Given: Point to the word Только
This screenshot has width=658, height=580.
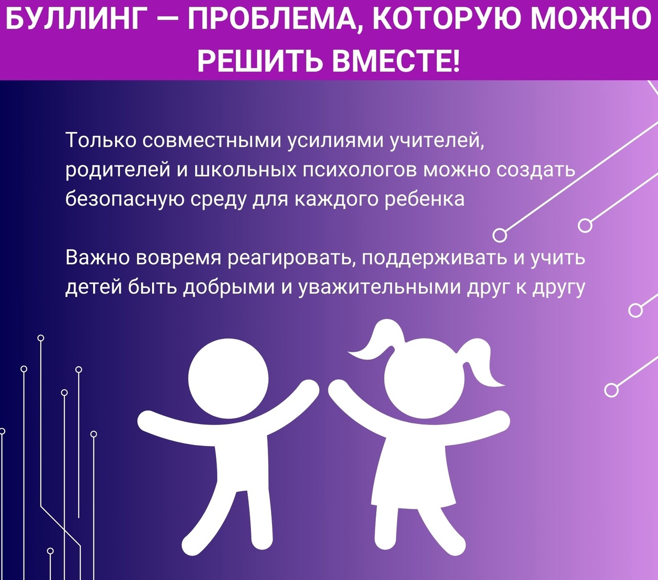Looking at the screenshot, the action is (x=101, y=140).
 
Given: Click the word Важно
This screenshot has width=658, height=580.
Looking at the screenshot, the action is (x=98, y=257).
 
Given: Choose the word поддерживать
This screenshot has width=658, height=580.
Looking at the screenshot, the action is (x=434, y=258).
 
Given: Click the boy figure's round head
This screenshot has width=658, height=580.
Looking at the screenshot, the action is (x=228, y=378).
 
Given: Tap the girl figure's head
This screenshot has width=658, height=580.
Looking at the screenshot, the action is (x=424, y=378).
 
